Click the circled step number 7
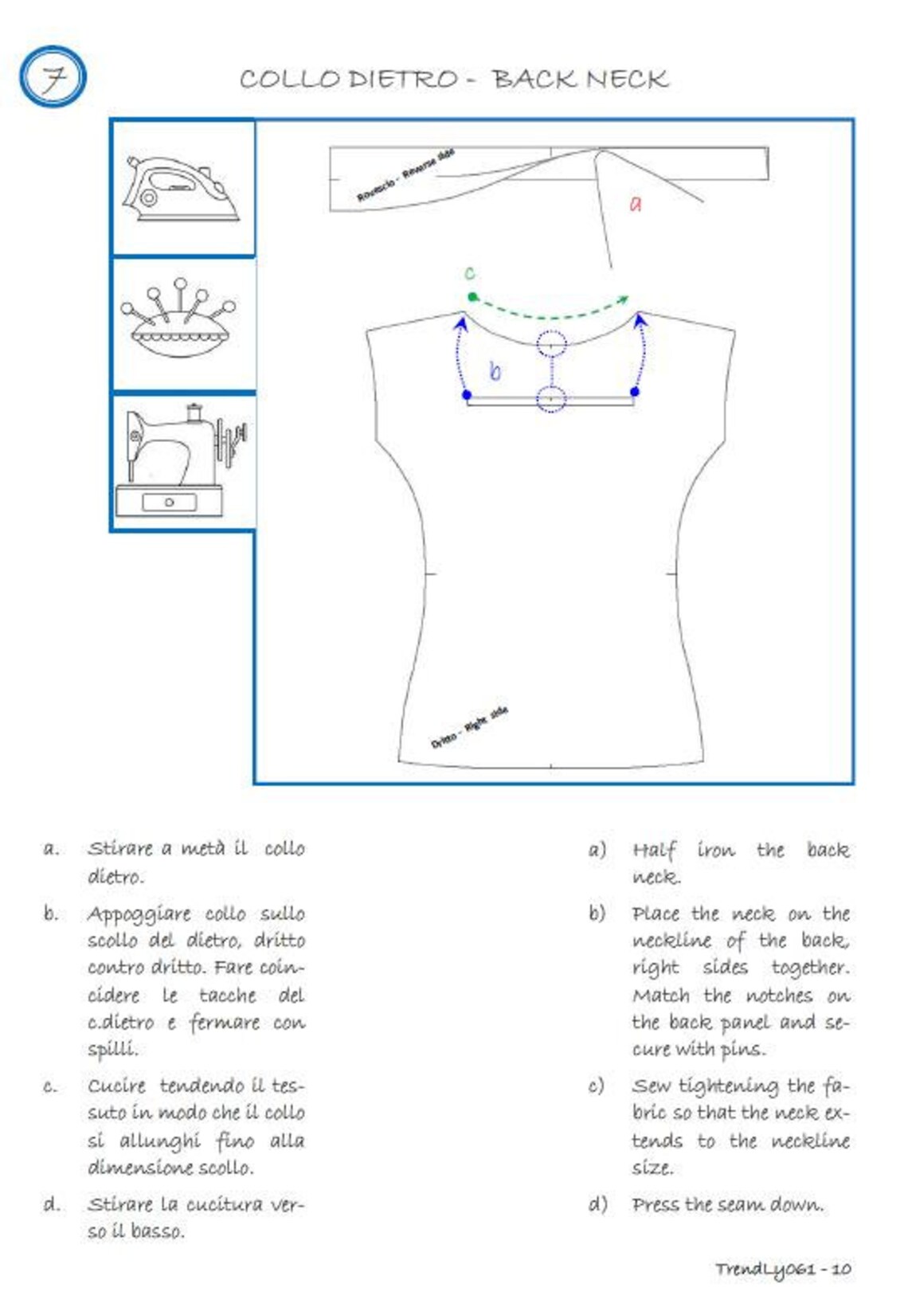pyautogui.click(x=53, y=77)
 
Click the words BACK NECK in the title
pyautogui.click(x=580, y=79)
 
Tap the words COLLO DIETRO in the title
pyautogui.click(x=349, y=79)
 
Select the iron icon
pyautogui.click(x=181, y=188)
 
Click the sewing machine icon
pyautogui.click(x=181, y=462)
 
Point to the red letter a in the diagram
pyautogui.click(x=636, y=204)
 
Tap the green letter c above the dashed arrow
pyautogui.click(x=470, y=273)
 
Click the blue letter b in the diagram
pyautogui.click(x=495, y=371)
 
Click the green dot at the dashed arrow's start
pyautogui.click(x=472, y=297)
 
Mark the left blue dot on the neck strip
pyautogui.click(x=467, y=394)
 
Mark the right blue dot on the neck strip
pyautogui.click(x=635, y=391)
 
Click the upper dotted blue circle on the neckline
pyautogui.click(x=551, y=344)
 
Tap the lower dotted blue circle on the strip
pyautogui.click(x=551, y=398)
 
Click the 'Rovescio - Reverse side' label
pyautogui.click(x=405, y=174)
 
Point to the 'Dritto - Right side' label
pyautogui.click(x=469, y=728)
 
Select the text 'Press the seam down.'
pyautogui.click(x=727, y=1204)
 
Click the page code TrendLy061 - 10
pyautogui.click(x=782, y=1269)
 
